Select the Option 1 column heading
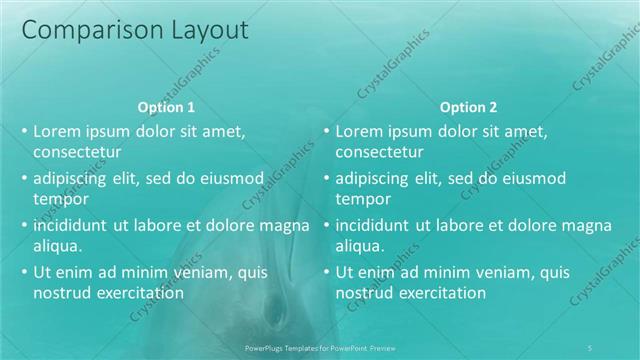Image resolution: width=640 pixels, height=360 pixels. click(165, 107)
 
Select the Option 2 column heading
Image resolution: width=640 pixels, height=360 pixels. click(468, 107)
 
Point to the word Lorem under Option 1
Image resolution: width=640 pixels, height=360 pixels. click(56, 131)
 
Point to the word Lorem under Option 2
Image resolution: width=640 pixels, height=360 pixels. click(358, 131)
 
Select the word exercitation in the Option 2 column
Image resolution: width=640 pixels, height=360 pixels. click(441, 294)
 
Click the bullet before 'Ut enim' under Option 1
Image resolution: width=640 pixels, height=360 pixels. click(24, 272)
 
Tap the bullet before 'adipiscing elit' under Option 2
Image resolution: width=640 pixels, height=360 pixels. click(326, 178)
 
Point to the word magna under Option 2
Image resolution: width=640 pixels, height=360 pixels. click(560, 225)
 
